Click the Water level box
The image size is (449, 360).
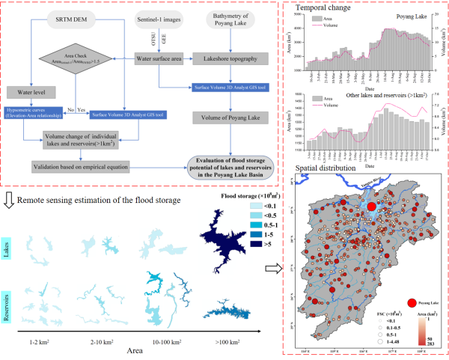pos(26,93)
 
